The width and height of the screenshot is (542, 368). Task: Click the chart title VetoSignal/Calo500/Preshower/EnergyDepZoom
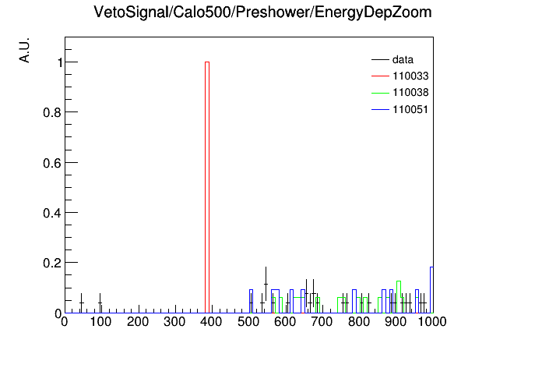262,12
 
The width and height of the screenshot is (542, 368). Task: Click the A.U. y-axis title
24,50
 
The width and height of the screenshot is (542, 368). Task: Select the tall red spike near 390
207,187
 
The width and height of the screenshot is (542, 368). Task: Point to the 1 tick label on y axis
60,62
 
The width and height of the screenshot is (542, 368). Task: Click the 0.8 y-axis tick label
52,112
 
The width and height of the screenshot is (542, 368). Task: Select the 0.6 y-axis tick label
52,163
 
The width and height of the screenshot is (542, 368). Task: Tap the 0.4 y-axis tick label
52,213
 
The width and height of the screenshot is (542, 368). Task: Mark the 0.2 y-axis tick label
52,263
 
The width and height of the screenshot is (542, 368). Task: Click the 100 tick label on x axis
100,322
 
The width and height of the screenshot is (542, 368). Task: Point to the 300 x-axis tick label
174,322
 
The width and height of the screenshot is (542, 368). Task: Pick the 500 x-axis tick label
248,322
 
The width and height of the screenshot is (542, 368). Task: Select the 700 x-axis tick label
322,322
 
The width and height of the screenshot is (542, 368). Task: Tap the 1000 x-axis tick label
432,322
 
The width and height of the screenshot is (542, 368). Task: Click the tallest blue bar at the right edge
431,290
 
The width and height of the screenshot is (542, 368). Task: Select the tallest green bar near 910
399,297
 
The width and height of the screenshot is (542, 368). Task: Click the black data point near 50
81,303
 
